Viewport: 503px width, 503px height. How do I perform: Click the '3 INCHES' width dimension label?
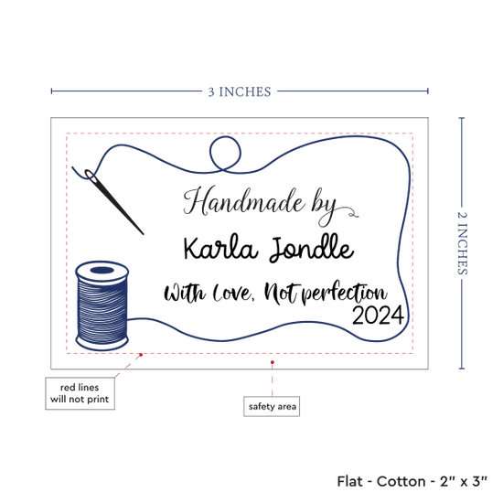pyautogui.click(x=240, y=91)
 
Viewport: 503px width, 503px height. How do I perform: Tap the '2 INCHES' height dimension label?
pyautogui.click(x=462, y=243)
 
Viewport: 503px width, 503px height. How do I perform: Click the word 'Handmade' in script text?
pyautogui.click(x=244, y=201)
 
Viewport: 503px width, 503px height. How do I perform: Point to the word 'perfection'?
pyautogui.click(x=345, y=294)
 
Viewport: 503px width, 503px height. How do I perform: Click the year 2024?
pyautogui.click(x=378, y=316)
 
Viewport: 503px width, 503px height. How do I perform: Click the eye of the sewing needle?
pyautogui.click(x=90, y=175)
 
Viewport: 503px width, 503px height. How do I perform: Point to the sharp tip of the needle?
pyautogui.click(x=143, y=234)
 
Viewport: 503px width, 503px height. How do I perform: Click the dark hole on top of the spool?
pyautogui.click(x=102, y=270)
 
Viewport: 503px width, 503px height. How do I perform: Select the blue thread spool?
pyautogui.click(x=102, y=305)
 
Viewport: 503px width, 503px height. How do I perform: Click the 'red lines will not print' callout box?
pyautogui.click(x=80, y=393)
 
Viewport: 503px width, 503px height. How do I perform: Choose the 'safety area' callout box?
pyautogui.click(x=272, y=406)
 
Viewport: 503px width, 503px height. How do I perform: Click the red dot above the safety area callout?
pyautogui.click(x=272, y=362)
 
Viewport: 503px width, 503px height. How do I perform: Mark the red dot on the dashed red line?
pyautogui.click(x=141, y=355)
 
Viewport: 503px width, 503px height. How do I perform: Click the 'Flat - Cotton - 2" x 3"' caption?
pyautogui.click(x=412, y=481)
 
